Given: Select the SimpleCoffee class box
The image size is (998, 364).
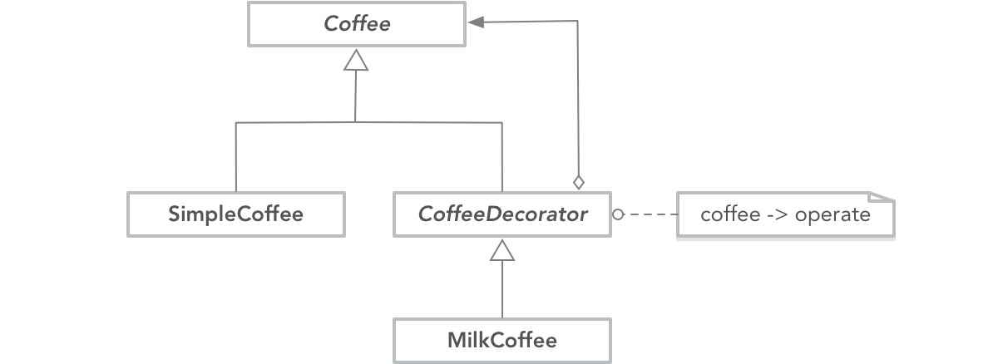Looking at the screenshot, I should click(x=235, y=214).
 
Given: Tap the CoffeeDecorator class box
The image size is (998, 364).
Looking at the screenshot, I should click(x=502, y=214).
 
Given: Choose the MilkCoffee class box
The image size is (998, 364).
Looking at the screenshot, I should click(x=502, y=340).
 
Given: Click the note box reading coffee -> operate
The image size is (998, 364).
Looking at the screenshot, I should click(x=785, y=215).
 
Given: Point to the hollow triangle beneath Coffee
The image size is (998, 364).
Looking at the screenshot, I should click(x=356, y=59).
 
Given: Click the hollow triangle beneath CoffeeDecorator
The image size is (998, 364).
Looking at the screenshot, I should click(x=502, y=248).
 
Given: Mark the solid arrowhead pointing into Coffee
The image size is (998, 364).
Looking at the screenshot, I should click(x=477, y=23).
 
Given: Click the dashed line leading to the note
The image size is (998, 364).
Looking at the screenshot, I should click(x=653, y=215).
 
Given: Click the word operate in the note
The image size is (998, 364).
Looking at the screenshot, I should click(x=832, y=215).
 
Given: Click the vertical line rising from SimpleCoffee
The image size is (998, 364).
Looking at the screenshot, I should click(x=236, y=158).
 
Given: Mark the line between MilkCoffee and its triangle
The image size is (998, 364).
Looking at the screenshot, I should click(x=502, y=291).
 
